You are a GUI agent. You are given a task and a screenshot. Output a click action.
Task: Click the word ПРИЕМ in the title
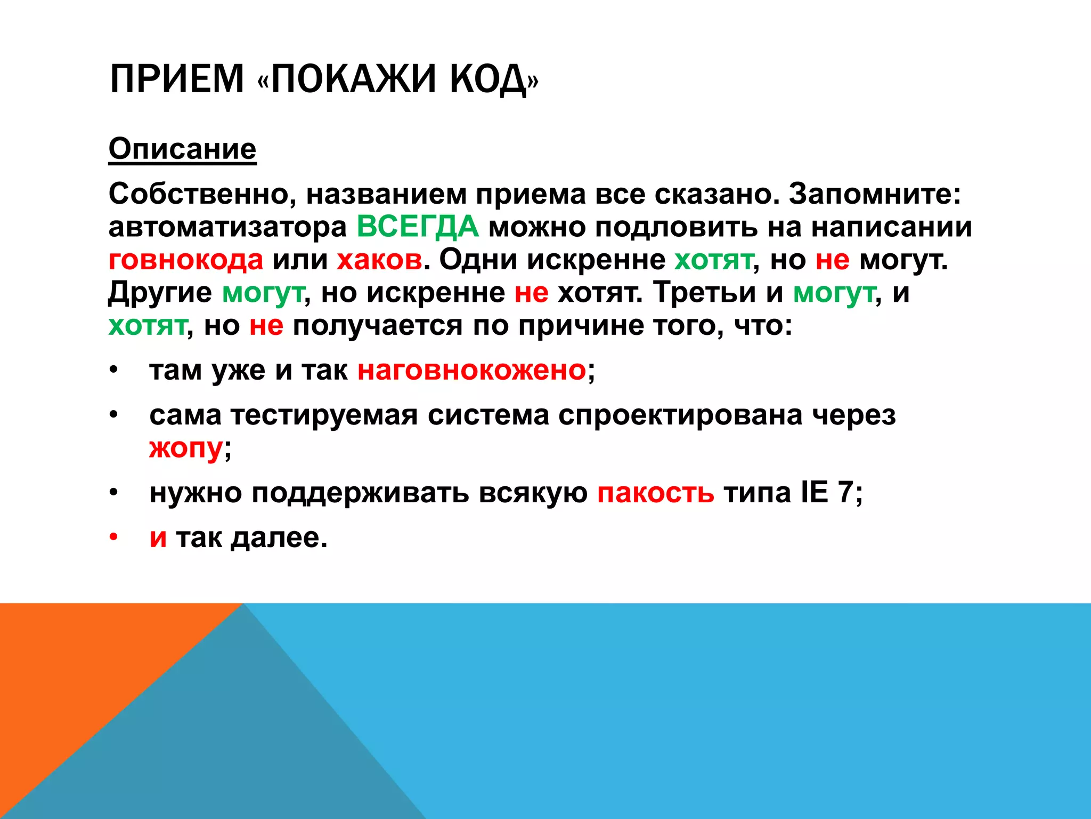pyautogui.click(x=176, y=79)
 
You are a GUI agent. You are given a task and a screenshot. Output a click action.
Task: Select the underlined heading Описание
pyautogui.click(x=182, y=149)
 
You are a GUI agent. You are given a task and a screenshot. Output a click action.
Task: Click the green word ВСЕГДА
pyautogui.click(x=418, y=226)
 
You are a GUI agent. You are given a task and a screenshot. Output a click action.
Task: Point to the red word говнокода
pyautogui.click(x=186, y=260)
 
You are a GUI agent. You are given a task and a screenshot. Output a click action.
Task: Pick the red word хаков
pyautogui.click(x=379, y=260)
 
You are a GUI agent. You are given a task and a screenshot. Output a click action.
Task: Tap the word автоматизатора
pyautogui.click(x=227, y=227)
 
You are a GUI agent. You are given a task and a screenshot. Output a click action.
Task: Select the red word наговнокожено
pyautogui.click(x=471, y=370)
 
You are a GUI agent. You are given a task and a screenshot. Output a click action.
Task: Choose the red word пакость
pyautogui.click(x=655, y=492)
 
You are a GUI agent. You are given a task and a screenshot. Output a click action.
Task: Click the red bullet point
pyautogui.click(x=113, y=537)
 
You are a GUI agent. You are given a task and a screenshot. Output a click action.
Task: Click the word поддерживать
pyautogui.click(x=360, y=493)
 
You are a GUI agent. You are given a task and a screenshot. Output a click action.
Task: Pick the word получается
pyautogui.click(x=378, y=325)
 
